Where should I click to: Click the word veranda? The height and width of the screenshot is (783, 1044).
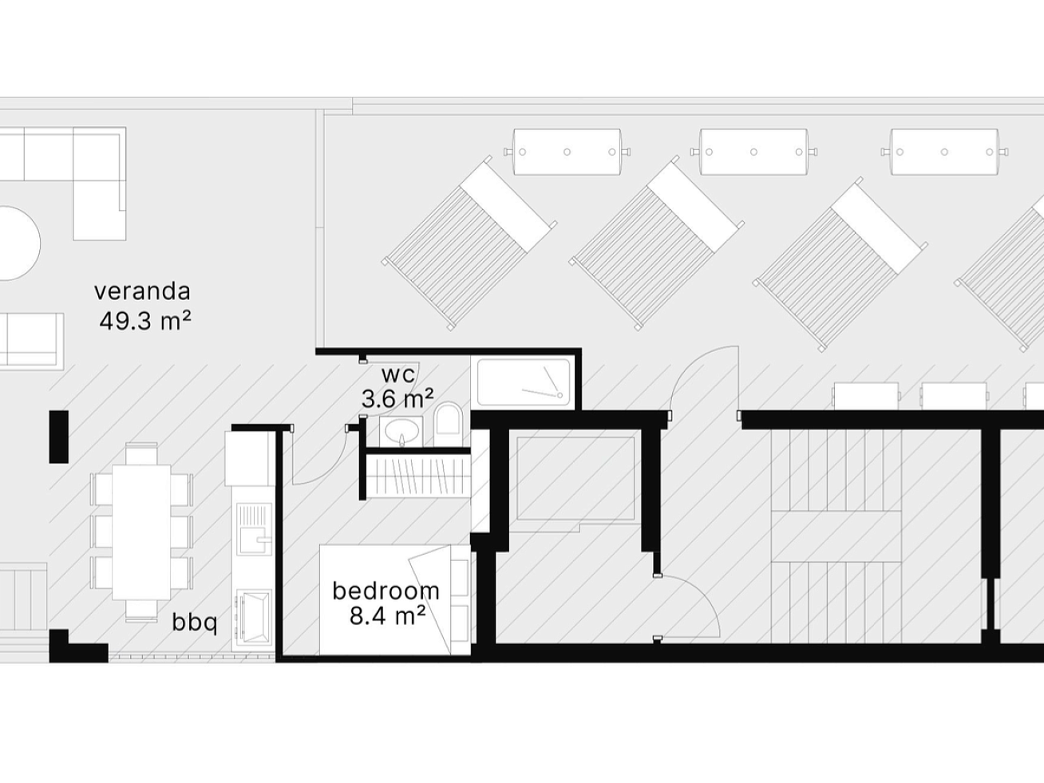pyautogui.click(x=142, y=291)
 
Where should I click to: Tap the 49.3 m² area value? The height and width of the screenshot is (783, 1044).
pyautogui.click(x=145, y=321)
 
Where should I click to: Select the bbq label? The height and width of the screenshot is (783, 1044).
pyautogui.click(x=195, y=622)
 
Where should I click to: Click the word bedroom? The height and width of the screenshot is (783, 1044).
pyautogui.click(x=386, y=591)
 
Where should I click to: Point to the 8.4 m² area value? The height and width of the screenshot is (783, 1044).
pyautogui.click(x=387, y=617)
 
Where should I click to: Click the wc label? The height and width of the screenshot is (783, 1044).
pyautogui.click(x=398, y=375)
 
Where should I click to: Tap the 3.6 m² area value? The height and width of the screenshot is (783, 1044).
pyautogui.click(x=397, y=398)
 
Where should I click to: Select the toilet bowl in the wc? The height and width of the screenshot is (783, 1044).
pyautogui.click(x=448, y=418)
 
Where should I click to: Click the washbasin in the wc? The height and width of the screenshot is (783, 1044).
pyautogui.click(x=401, y=432)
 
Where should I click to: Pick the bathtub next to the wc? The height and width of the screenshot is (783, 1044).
pyautogui.click(x=523, y=382)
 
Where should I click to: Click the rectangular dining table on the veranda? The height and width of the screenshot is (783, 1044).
pyautogui.click(x=141, y=532)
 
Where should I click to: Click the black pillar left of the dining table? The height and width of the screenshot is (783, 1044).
pyautogui.click(x=58, y=437)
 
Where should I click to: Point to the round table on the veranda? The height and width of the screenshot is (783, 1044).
pyautogui.click(x=19, y=243)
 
